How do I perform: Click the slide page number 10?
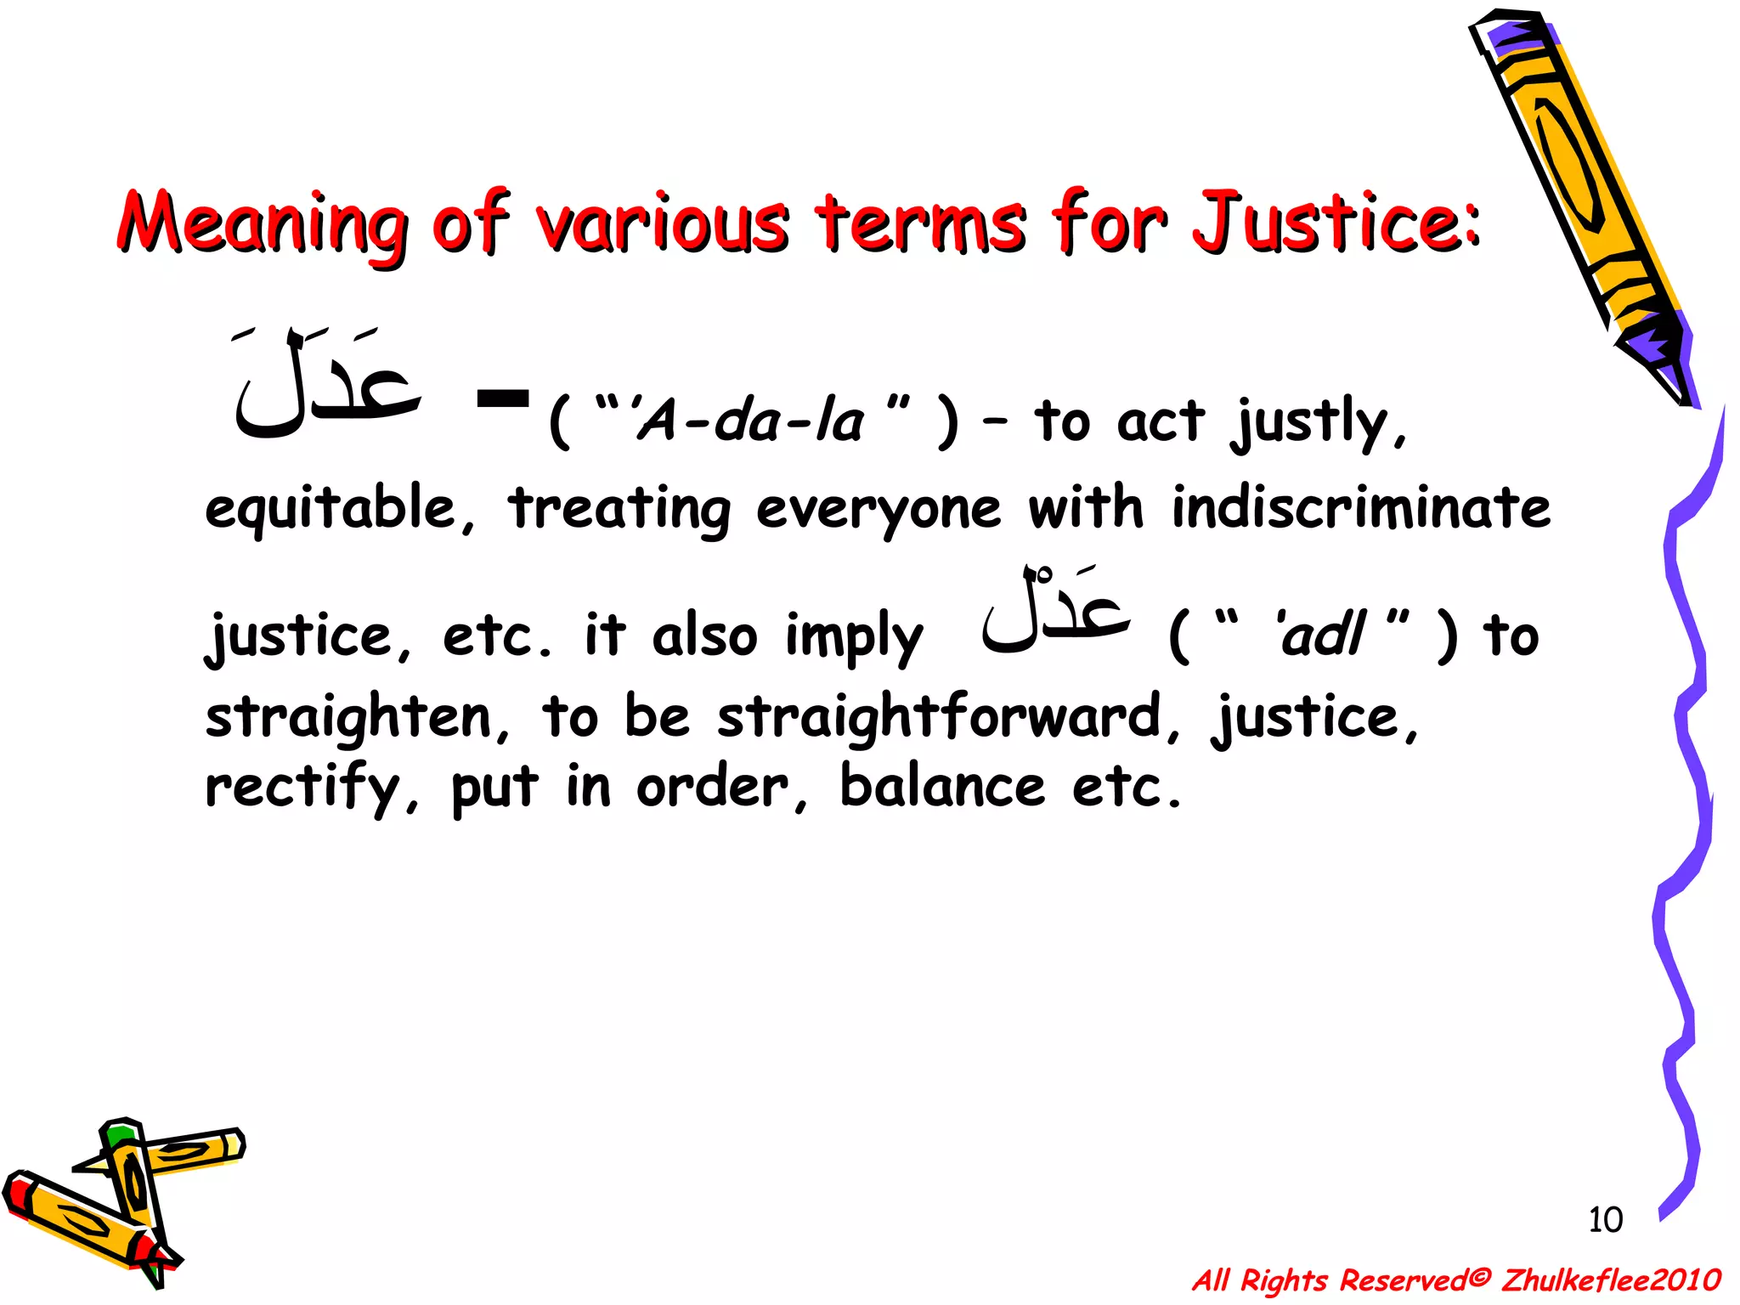1605,1220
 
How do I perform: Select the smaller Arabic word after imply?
1056,611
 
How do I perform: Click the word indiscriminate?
1361,508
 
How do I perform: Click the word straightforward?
939,716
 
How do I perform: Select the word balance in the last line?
941,787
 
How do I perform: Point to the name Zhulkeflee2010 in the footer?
1611,1280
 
